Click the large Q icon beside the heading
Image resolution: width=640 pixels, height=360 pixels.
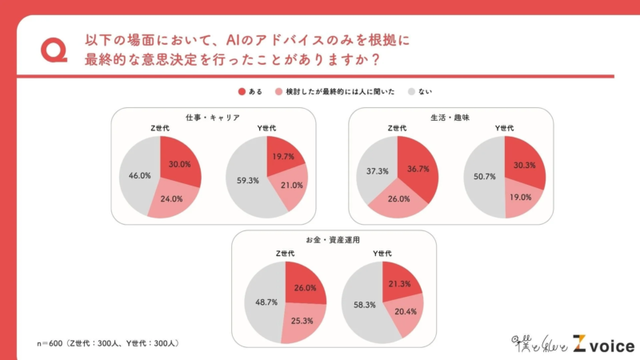click(54, 50)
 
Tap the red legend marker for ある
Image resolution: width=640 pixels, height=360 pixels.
click(242, 92)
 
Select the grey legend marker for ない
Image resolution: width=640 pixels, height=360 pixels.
click(412, 92)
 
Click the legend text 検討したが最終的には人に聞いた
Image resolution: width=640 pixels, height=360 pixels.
click(341, 92)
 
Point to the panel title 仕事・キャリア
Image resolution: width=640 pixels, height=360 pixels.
click(213, 117)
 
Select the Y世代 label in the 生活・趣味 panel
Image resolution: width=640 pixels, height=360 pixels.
click(505, 128)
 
